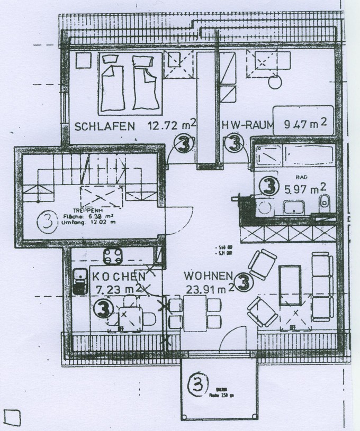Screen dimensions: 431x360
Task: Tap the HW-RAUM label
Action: coord(248,126)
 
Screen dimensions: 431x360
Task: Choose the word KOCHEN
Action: coord(119,277)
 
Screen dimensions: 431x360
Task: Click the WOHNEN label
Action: coord(208,276)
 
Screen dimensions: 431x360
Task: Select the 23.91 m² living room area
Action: coord(210,289)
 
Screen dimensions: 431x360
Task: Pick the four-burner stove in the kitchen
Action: coord(113,258)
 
